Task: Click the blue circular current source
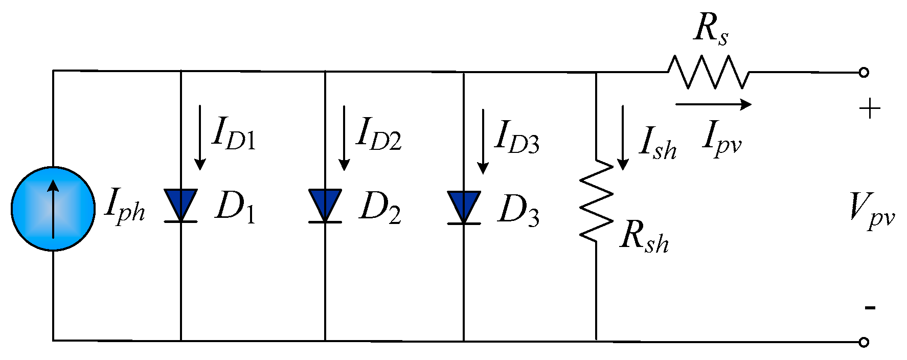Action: pos(53,208)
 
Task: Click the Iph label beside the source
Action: pos(124,207)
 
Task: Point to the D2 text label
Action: pos(380,208)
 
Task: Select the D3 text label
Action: pos(518,210)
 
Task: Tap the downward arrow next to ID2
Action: pos(344,138)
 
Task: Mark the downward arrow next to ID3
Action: pos(483,141)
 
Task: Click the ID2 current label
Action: pos(379,134)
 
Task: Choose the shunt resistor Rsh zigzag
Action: pos(596,200)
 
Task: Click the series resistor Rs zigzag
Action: pos(709,72)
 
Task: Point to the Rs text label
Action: pos(711,30)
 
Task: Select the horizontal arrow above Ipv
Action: pos(713,104)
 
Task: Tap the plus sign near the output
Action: pos(869,109)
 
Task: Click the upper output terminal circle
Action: pos(864,73)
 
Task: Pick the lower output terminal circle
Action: pos(864,342)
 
